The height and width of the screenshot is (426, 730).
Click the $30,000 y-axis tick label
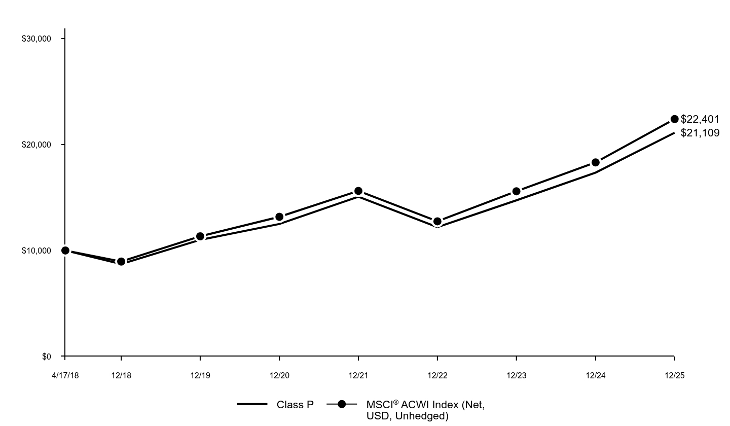[x=36, y=39]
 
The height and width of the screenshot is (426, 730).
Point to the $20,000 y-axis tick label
[x=36, y=145]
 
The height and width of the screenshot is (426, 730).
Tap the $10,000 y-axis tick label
[x=36, y=251]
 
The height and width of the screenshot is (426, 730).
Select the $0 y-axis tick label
[x=46, y=357]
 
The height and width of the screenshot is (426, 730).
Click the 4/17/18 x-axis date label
[x=65, y=376]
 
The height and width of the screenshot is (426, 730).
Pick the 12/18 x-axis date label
[x=121, y=376]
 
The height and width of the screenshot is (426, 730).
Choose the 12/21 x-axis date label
[x=358, y=376]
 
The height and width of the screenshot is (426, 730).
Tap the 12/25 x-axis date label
[x=674, y=376]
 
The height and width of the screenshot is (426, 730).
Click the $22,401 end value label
[x=700, y=119]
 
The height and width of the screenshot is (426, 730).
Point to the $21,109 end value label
[x=700, y=133]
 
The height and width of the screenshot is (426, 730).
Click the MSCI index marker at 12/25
[x=674, y=119]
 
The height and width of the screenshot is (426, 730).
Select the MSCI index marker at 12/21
[x=358, y=191]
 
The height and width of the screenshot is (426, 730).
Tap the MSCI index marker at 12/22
[x=437, y=222]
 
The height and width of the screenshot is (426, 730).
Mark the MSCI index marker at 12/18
[x=121, y=262]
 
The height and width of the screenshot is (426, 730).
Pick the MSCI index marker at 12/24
[x=596, y=162]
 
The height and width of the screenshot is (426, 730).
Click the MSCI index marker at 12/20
[x=279, y=217]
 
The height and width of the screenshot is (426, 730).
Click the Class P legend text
[x=295, y=405]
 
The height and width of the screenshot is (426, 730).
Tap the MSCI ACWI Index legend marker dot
[x=342, y=404]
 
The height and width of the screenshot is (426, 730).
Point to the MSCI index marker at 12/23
[x=517, y=191]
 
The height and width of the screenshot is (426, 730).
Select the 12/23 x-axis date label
[x=517, y=376]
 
